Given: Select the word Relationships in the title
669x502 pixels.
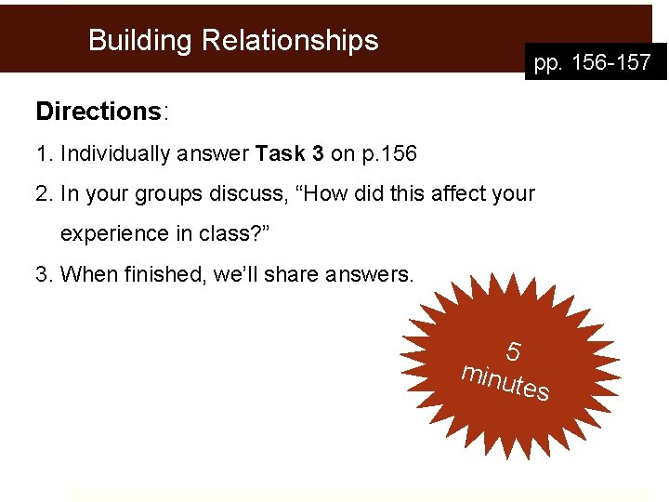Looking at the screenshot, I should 290,41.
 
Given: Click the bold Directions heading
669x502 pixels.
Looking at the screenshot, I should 98,112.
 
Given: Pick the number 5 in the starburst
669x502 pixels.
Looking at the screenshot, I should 513,352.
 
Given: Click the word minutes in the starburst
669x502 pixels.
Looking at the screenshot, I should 506,382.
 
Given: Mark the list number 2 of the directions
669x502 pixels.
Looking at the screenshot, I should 42,194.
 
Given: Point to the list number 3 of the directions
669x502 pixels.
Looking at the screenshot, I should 42,274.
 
